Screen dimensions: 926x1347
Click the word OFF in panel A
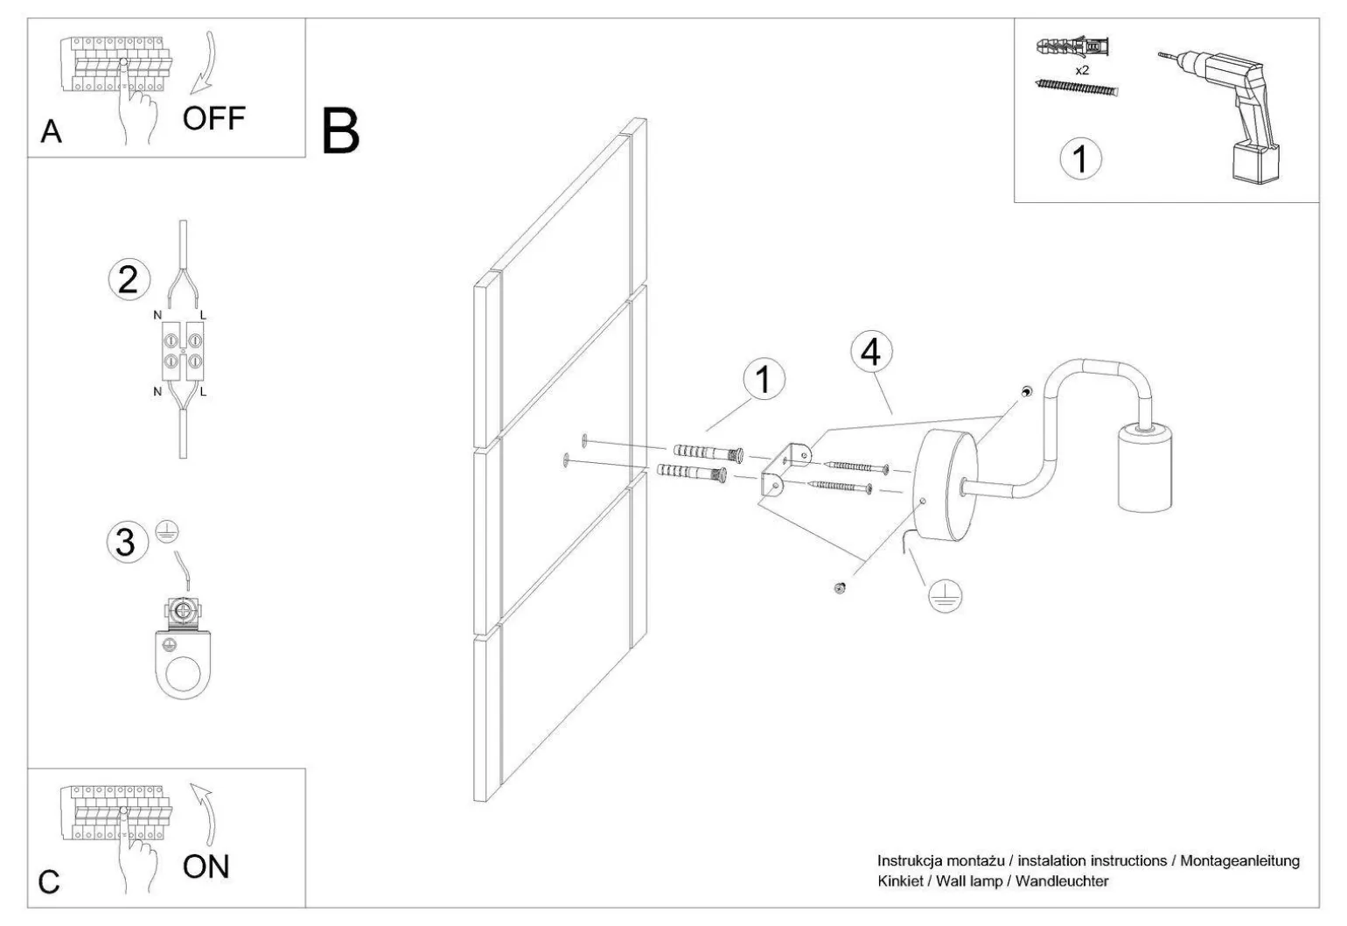click(213, 118)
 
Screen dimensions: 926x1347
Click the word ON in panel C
click(206, 866)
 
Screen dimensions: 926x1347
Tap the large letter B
click(340, 131)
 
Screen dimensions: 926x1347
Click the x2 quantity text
click(1082, 70)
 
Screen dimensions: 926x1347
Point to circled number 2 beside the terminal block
click(128, 280)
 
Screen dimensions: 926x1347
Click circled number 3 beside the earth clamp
click(126, 543)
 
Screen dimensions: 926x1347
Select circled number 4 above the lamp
click(870, 352)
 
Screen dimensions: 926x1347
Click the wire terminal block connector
click(180, 351)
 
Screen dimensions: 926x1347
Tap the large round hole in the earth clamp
click(185, 674)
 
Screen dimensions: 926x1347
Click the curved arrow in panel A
click(206, 61)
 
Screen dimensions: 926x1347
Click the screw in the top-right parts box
click(1076, 87)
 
